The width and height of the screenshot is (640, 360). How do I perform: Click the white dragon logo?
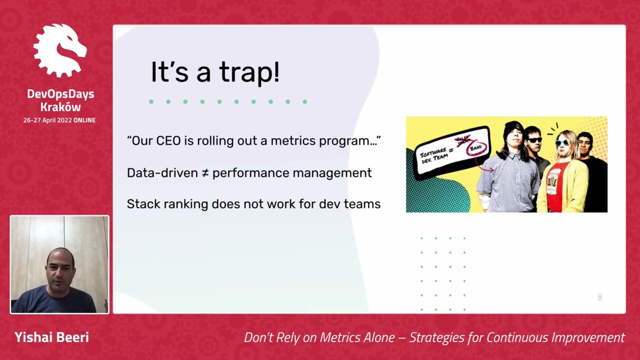coord(60,50)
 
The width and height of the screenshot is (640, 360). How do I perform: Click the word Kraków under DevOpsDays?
coord(60,107)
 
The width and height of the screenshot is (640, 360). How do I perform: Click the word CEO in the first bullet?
coord(168,141)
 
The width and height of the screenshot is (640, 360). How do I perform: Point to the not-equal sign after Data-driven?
coord(205,173)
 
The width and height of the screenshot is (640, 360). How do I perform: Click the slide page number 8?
coord(599,297)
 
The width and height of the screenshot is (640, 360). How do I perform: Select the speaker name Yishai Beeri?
coord(51,337)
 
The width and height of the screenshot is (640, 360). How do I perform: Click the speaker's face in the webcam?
coord(60,270)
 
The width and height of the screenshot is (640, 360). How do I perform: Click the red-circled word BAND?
coord(475,148)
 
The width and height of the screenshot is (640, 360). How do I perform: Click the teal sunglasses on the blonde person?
coord(562,142)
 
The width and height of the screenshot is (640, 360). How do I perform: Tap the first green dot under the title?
coord(151,101)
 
